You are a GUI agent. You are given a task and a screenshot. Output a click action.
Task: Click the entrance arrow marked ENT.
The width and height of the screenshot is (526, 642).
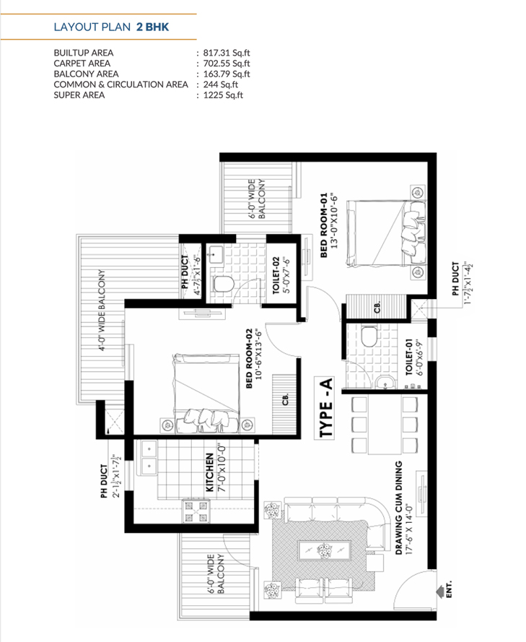[440, 591]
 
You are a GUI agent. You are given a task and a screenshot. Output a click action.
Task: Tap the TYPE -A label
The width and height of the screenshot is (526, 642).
[325, 407]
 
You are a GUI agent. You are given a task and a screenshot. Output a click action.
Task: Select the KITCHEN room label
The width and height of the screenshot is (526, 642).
[210, 472]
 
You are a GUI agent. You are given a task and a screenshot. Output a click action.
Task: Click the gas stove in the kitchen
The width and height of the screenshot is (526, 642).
[196, 511]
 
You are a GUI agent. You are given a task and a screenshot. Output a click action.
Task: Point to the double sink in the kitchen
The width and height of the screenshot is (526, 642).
[149, 457]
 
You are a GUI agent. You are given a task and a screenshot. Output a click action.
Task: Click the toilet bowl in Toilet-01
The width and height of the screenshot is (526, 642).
[369, 336]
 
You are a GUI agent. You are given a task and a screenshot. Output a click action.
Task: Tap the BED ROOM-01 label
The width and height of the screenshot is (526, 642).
[324, 225]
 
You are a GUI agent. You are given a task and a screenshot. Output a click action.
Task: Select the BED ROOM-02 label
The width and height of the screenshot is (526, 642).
[249, 358]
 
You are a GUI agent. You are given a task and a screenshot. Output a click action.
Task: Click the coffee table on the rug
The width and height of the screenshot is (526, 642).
[325, 551]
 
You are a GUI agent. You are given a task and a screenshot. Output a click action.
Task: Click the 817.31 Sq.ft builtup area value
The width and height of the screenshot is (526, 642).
[227, 53]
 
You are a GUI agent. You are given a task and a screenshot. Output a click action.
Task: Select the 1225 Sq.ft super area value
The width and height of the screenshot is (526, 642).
[224, 95]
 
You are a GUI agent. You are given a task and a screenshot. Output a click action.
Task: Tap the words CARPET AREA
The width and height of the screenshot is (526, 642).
[82, 64]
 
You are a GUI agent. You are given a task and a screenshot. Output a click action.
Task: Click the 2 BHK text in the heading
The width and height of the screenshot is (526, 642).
[152, 27]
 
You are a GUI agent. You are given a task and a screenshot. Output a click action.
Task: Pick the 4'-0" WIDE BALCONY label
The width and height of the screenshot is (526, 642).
[102, 310]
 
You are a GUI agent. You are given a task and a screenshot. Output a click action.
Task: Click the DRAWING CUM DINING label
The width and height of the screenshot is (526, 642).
[398, 508]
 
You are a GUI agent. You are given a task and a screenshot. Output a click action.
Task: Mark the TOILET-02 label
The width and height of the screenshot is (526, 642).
[276, 275]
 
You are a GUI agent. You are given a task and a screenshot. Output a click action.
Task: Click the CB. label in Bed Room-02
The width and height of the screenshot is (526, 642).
[286, 399]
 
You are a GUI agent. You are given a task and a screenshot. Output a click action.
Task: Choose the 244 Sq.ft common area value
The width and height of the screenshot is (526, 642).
[221, 84]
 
